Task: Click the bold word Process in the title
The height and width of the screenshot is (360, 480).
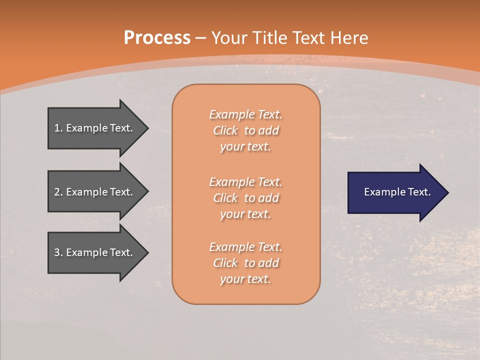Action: [x=157, y=38]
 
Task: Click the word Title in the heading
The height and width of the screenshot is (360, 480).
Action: [x=270, y=38]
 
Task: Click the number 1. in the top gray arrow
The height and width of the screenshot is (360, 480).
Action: [x=58, y=128]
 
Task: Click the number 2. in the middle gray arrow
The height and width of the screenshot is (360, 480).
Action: [x=58, y=192]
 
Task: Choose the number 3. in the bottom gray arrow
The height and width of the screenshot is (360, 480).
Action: [x=58, y=252]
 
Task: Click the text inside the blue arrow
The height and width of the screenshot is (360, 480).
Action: [x=397, y=192]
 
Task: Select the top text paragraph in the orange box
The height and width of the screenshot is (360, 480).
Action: [x=245, y=130]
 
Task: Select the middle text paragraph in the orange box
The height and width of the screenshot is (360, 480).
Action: [x=245, y=198]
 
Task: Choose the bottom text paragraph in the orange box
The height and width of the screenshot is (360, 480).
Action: [x=245, y=263]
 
